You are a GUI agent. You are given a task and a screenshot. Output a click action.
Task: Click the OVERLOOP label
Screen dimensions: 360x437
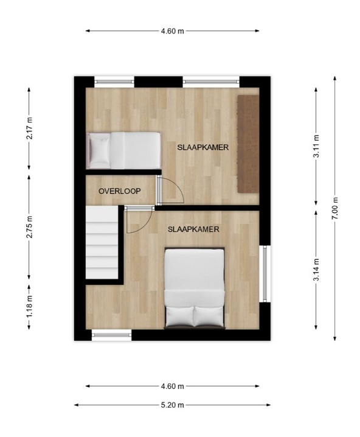[120, 191]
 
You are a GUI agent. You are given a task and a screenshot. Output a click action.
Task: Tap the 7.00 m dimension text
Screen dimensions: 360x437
[335, 208]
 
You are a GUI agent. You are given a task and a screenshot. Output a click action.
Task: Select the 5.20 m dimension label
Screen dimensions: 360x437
[172, 405]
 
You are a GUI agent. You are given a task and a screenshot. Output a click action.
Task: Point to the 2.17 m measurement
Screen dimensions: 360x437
[29, 128]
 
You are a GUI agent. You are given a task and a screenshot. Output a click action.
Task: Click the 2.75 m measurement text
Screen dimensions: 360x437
[29, 227]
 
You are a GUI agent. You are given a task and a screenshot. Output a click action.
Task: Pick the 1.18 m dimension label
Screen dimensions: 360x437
[29, 306]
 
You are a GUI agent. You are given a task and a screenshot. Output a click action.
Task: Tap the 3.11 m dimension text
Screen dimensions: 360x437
[316, 146]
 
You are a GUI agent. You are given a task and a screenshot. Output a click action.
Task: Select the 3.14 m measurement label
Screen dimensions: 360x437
[316, 270]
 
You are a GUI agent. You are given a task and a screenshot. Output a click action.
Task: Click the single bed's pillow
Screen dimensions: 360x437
[100, 150]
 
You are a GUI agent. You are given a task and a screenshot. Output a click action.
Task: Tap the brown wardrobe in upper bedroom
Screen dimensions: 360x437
[247, 144]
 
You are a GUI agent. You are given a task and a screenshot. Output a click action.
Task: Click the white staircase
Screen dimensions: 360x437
[102, 242]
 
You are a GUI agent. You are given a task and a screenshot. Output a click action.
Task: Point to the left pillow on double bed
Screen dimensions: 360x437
[179, 316]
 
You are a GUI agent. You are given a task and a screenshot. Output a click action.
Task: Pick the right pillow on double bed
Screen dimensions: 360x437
[209, 316]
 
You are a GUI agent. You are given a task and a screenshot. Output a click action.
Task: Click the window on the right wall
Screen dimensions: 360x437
[265, 274]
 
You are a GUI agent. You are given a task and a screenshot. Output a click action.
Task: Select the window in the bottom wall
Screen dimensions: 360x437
[112, 335]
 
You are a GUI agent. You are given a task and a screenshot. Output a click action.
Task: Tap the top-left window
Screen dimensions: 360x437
[114, 82]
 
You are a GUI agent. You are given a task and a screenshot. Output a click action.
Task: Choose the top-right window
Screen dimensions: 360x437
[211, 82]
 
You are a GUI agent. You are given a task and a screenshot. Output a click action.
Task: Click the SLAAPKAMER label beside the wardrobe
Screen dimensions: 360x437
[203, 147]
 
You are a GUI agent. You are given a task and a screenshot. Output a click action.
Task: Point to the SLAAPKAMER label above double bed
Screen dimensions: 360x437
[193, 229]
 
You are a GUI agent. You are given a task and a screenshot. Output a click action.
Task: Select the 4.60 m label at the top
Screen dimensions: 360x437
[172, 31]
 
